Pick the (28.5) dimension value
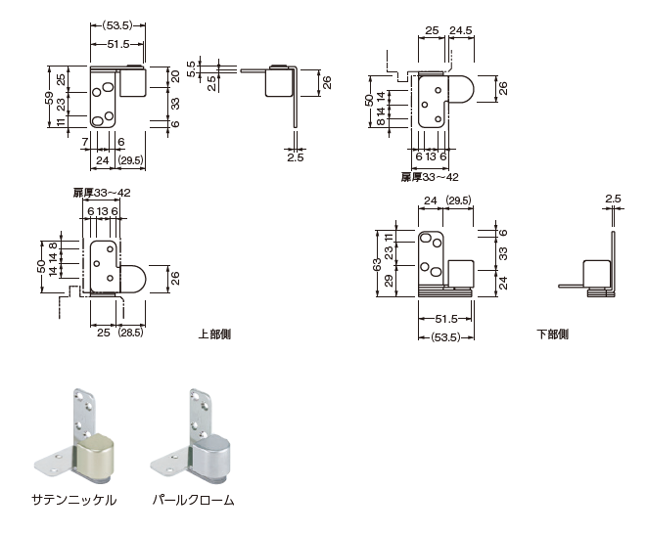131,333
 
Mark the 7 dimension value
86,143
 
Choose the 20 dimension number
175,76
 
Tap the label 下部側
552,334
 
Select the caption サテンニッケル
73,500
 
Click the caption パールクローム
193,500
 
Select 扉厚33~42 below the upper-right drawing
429,177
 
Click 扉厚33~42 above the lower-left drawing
102,193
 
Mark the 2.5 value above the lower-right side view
613,200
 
